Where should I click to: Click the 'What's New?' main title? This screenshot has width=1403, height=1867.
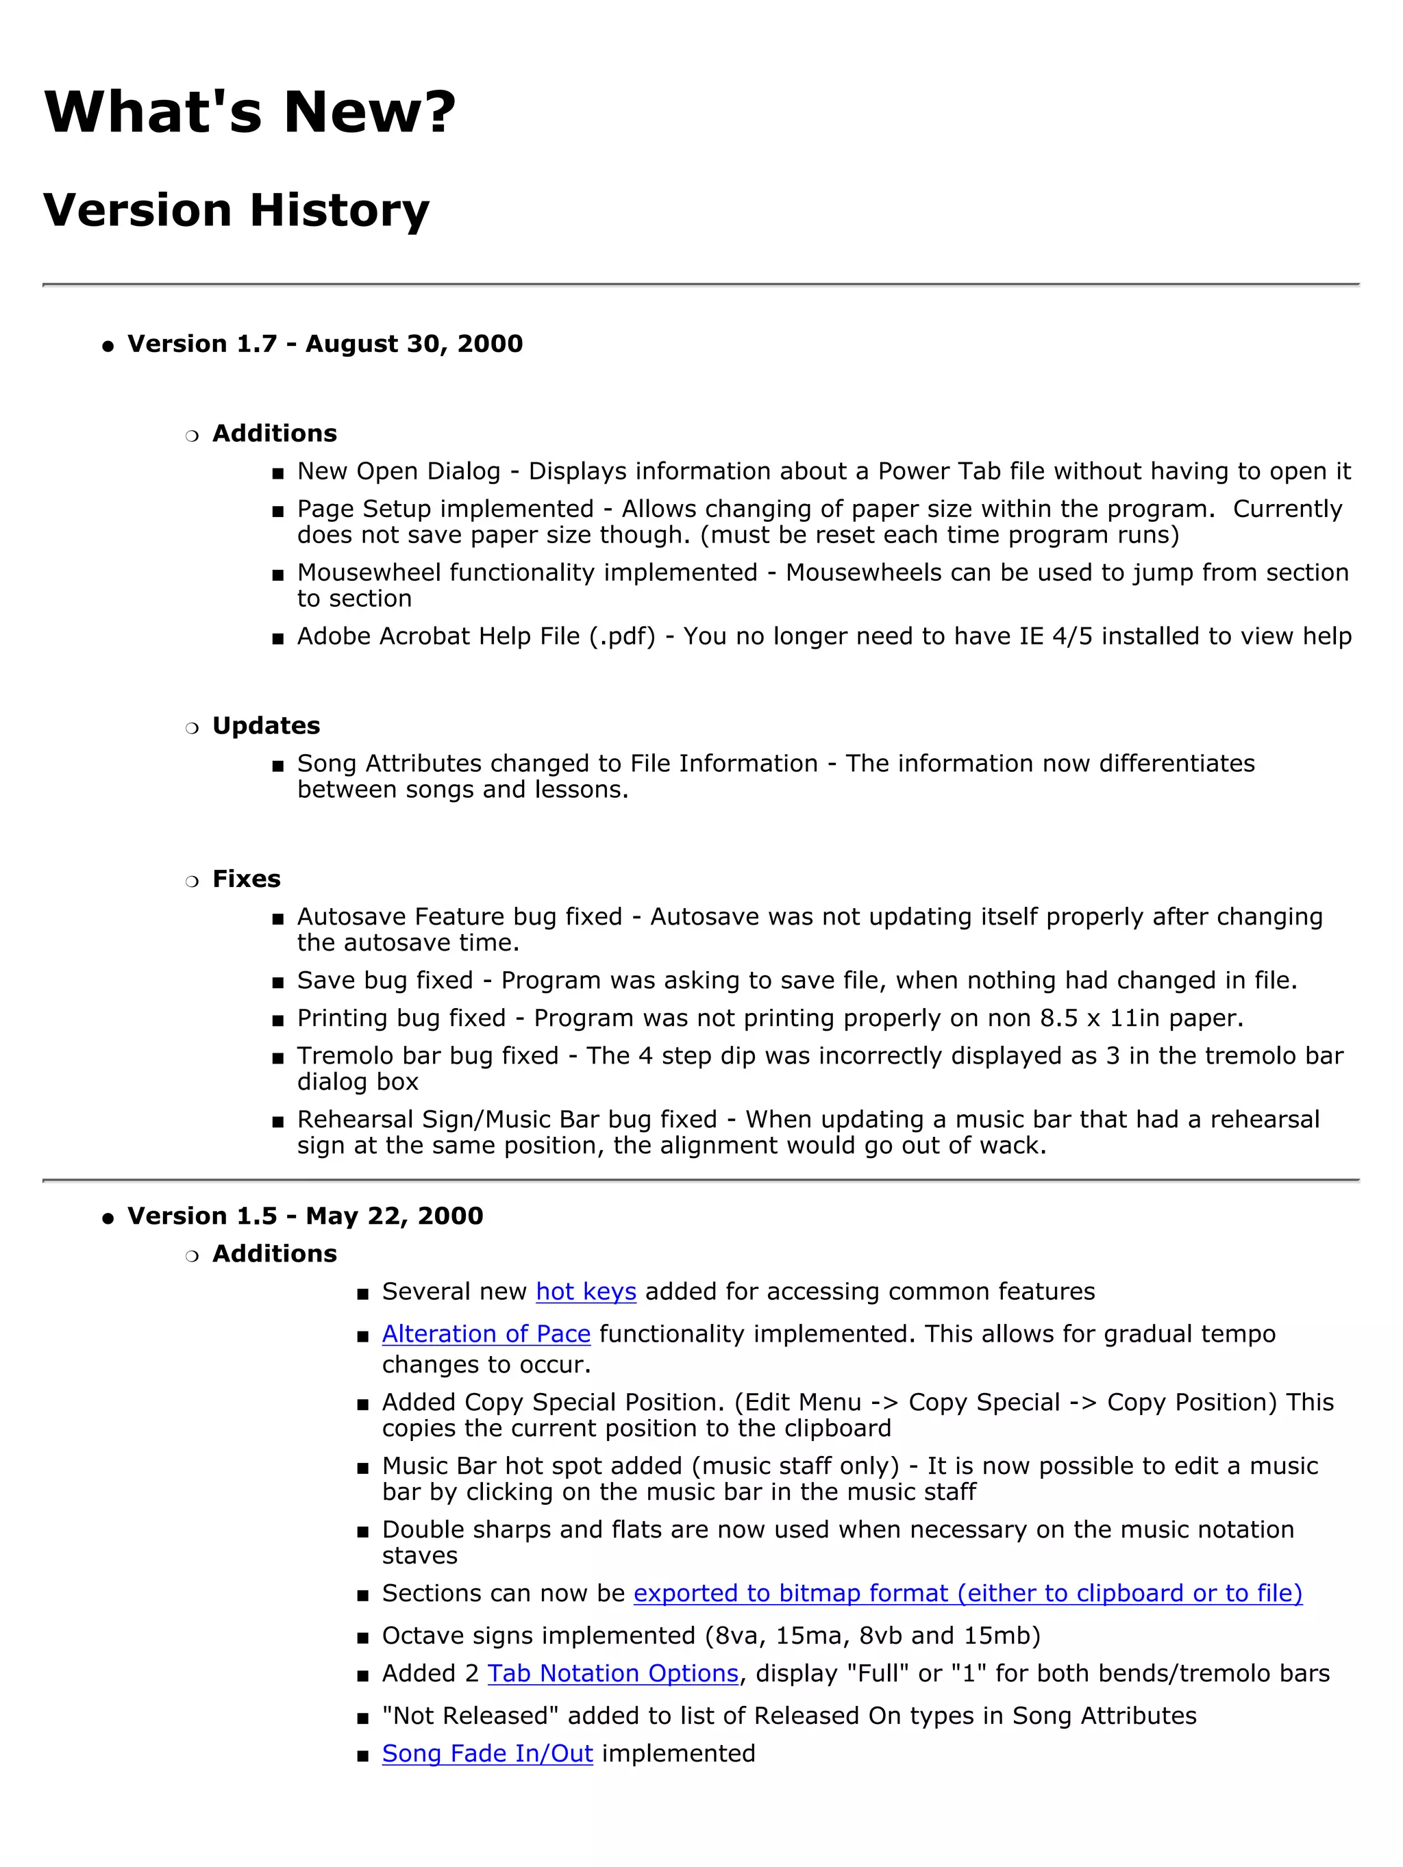point(249,112)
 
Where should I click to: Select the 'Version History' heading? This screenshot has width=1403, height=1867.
point(236,210)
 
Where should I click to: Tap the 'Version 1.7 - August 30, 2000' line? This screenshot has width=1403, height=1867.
point(325,344)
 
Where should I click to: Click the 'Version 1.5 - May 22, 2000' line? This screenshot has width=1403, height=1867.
point(305,1216)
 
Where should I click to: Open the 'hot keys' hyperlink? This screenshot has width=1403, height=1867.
point(586,1292)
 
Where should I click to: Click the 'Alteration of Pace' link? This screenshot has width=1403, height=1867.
point(486,1333)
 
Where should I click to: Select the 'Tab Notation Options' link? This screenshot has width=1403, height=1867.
point(613,1673)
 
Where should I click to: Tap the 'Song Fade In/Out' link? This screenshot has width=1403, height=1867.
point(487,1753)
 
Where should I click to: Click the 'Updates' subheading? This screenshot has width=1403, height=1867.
point(266,726)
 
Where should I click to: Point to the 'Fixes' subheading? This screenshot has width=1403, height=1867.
point(247,879)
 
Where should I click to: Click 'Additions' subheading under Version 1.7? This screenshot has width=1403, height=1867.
point(274,433)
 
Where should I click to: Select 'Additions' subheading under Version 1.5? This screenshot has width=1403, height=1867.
point(274,1253)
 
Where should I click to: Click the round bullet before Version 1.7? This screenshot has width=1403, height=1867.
point(107,346)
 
